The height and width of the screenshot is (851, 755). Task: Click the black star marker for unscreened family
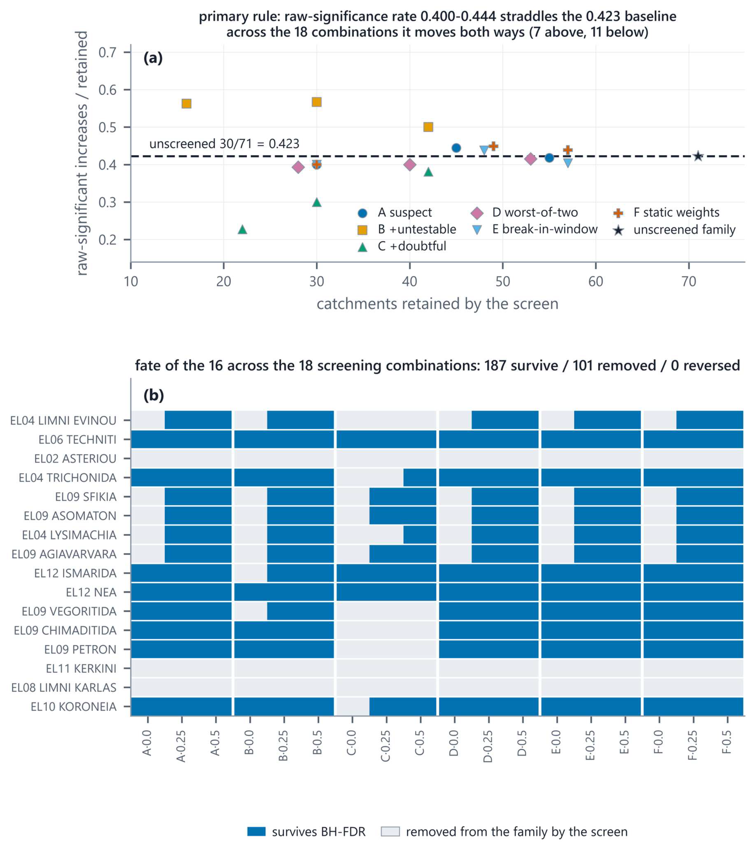(x=698, y=156)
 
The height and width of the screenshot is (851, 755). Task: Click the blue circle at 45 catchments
(x=456, y=148)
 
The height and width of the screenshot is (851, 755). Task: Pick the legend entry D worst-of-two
(x=524, y=213)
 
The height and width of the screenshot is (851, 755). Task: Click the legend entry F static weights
(x=666, y=213)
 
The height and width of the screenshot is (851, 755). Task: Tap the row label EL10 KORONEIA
(x=74, y=707)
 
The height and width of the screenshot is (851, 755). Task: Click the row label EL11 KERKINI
(x=81, y=668)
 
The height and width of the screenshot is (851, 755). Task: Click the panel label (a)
(x=153, y=58)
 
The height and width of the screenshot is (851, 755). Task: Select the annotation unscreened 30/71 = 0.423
(x=224, y=144)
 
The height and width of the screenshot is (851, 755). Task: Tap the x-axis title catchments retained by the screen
(x=437, y=304)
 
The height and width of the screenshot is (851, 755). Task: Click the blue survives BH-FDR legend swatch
(x=256, y=832)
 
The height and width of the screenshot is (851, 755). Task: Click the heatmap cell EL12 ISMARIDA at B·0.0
(x=251, y=573)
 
